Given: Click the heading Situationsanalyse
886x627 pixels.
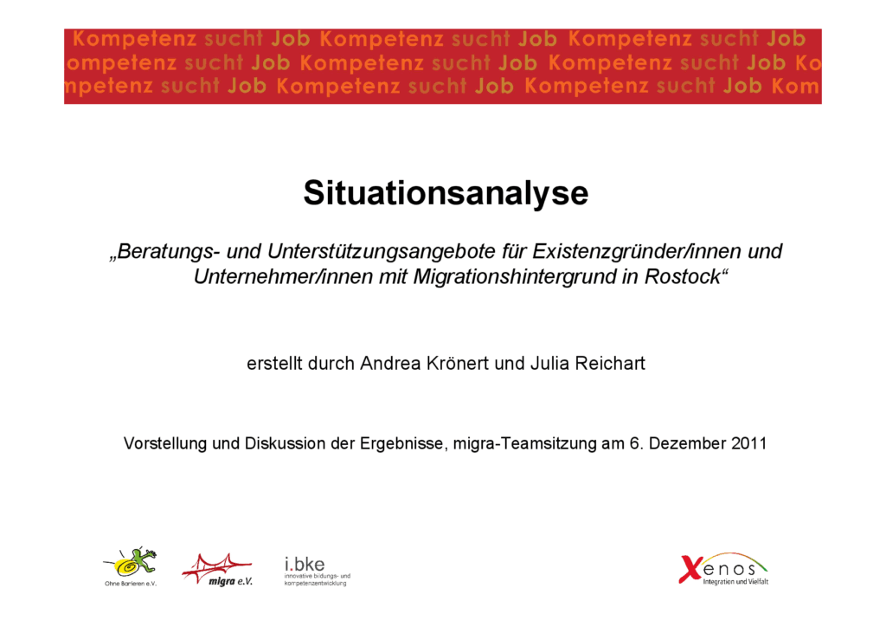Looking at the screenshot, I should click(x=445, y=193).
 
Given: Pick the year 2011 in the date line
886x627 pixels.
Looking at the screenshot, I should click(x=748, y=443).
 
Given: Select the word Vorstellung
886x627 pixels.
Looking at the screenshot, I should click(x=166, y=443).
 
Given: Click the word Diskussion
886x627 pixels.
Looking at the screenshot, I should click(x=282, y=443).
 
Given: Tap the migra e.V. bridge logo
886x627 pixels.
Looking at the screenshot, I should click(x=217, y=569).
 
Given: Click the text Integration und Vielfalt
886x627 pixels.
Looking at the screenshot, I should click(x=735, y=581).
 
